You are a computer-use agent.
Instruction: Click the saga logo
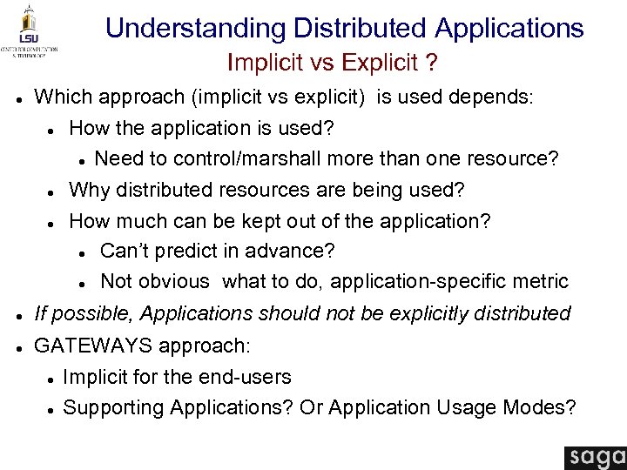(x=595, y=458)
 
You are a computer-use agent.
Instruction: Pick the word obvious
(x=178, y=282)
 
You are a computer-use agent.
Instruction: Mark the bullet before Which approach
(x=18, y=97)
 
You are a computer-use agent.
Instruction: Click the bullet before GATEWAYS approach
(x=18, y=347)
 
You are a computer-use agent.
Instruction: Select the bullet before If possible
(x=18, y=314)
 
